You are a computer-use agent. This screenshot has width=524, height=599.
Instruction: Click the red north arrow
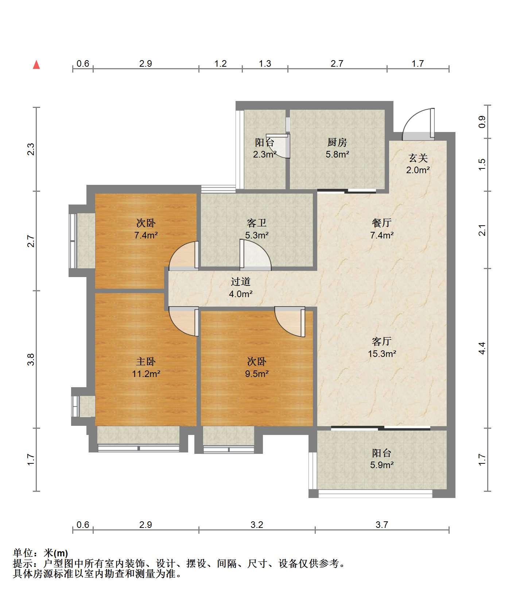click(36, 65)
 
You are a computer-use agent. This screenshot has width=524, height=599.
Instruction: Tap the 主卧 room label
click(146, 361)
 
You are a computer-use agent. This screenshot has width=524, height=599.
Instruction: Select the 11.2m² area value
click(146, 373)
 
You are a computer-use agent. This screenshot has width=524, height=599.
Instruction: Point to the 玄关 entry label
click(418, 158)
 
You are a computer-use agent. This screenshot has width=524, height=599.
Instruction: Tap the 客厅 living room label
click(382, 341)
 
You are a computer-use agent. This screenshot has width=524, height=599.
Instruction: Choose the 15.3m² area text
click(382, 353)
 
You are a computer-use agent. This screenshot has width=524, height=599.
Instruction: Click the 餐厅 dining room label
click(382, 223)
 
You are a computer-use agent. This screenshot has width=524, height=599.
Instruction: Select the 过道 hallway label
click(241, 281)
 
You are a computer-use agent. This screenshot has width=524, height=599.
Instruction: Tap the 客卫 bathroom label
click(257, 223)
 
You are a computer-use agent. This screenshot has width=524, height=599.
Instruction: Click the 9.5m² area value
click(257, 373)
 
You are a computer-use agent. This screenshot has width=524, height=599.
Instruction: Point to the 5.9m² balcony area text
click(382, 465)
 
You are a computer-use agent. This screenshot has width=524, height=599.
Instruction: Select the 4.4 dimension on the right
click(482, 348)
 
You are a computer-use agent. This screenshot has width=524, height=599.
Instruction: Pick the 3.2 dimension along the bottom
click(257, 525)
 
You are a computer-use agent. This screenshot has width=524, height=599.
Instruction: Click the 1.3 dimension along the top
click(265, 64)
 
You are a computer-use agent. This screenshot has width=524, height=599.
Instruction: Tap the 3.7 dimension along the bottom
click(382, 525)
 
